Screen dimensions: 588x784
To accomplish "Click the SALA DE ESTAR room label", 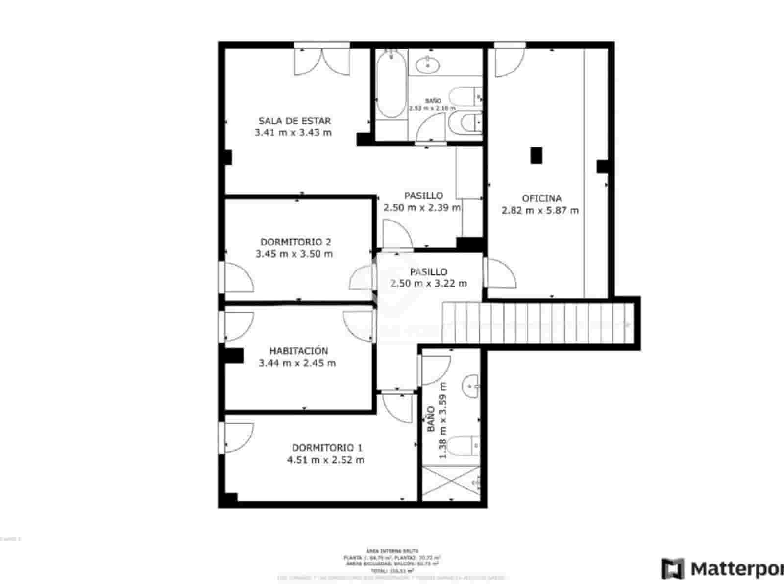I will [x=294, y=121].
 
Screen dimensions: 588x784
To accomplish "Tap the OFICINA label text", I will [x=541, y=198].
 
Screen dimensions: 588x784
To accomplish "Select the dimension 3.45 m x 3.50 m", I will [x=294, y=254].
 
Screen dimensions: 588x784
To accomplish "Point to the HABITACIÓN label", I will [x=298, y=351].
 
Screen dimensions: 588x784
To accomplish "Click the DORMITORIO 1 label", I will [x=327, y=448].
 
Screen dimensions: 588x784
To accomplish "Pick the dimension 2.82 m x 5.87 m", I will [x=539, y=211].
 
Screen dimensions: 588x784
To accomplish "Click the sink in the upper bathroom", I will [x=427, y=64].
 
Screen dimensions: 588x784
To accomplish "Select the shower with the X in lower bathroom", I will [x=451, y=483].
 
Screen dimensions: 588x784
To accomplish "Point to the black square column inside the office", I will [x=537, y=155].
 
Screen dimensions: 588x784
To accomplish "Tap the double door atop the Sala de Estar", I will [x=322, y=60].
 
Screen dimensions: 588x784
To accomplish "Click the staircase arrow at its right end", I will [x=628, y=324].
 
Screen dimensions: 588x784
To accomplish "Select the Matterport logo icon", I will [x=673, y=569].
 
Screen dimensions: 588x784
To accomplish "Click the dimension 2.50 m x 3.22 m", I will [x=428, y=283].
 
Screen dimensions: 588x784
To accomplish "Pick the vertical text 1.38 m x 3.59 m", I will [x=443, y=420].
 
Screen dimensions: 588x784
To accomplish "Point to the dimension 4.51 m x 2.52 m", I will [x=325, y=460].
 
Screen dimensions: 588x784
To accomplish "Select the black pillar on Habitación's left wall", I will [x=234, y=356].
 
